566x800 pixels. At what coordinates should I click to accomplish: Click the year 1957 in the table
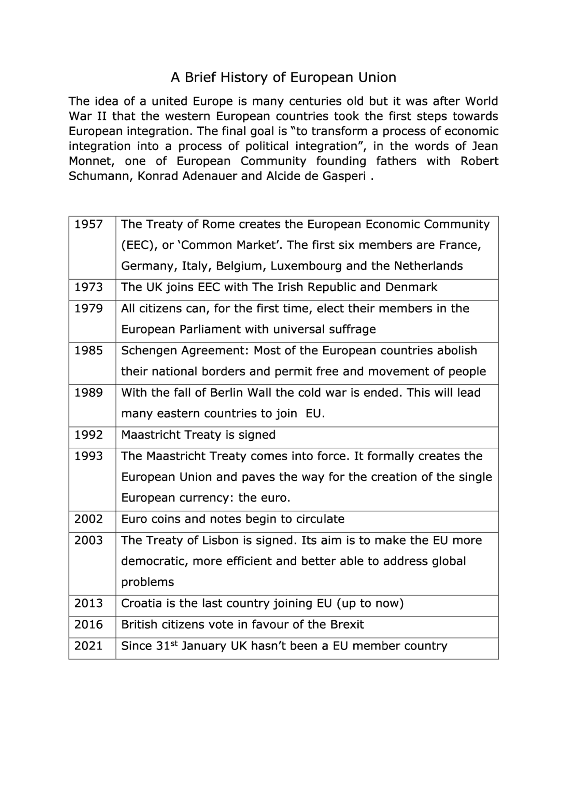click(88, 224)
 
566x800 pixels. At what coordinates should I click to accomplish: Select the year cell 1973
click(88, 287)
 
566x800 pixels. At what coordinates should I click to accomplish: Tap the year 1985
click(88, 351)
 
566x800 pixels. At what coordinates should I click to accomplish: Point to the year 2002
click(88, 519)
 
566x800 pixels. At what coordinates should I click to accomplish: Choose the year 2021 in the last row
click(88, 646)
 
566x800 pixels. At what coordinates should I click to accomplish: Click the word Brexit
click(347, 625)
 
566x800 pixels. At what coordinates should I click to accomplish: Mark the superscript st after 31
click(174, 643)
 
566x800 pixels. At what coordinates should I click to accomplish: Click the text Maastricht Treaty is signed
click(198, 435)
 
